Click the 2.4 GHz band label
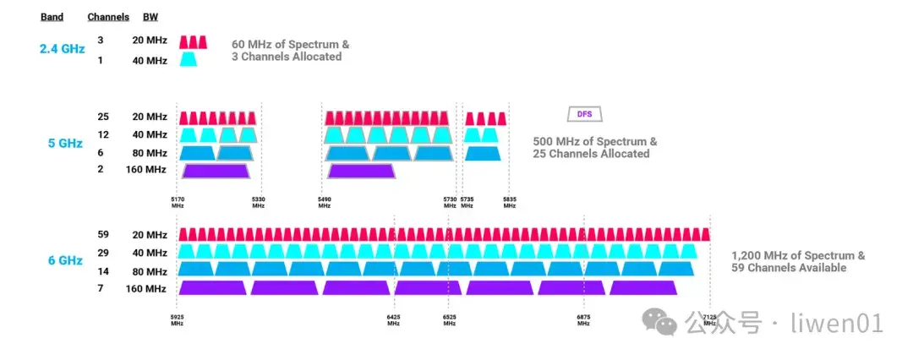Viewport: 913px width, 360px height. coord(62,49)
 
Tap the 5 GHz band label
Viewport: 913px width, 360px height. coord(65,143)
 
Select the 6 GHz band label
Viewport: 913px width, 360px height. coord(65,260)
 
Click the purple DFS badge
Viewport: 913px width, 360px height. coord(584,114)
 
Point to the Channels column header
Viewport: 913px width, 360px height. coord(108,17)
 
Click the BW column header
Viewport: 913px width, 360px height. coord(150,17)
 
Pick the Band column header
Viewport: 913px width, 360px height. coord(52,17)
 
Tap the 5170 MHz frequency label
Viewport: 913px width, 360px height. coord(178,202)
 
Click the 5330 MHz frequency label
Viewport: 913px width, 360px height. coord(259,202)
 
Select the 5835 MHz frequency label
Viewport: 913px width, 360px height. coord(509,202)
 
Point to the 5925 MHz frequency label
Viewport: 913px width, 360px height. coord(178,320)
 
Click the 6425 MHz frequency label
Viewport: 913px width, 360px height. coord(394,320)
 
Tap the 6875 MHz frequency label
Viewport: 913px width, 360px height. coord(584,320)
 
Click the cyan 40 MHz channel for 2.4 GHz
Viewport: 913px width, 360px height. coord(189,60)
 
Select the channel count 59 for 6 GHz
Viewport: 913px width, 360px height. coord(104,234)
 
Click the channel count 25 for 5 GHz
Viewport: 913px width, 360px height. coord(104,117)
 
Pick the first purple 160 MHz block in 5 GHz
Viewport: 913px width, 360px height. coord(216,171)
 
